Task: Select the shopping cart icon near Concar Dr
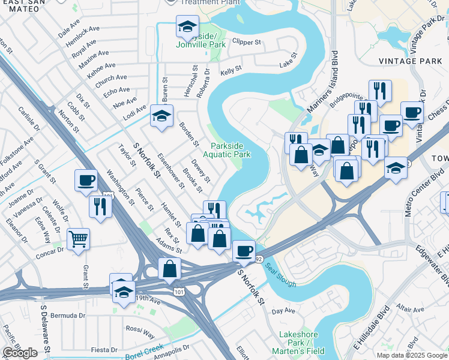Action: coord(79,240)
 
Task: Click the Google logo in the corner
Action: coord(20,353)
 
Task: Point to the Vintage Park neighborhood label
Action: coord(411,61)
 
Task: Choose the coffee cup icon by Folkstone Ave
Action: coord(86,179)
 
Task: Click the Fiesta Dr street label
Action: coord(104,350)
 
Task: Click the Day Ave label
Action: coord(283,311)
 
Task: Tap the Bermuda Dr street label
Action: coord(68,315)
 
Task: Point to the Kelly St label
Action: coord(231,71)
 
